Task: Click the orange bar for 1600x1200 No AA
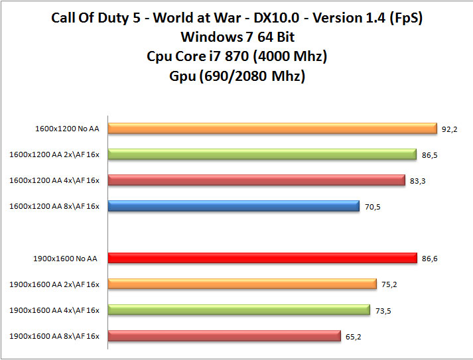[272, 129]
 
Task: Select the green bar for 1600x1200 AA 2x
[261, 154]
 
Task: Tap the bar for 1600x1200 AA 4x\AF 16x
[256, 180]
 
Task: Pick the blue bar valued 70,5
[234, 206]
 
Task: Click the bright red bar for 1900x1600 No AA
[262, 259]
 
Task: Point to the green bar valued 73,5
[239, 310]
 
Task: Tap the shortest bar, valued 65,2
[224, 336]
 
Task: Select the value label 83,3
[418, 181]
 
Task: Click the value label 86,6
[430, 259]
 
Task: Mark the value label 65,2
[354, 337]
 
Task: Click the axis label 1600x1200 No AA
[68, 129]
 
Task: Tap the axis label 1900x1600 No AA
[65, 259]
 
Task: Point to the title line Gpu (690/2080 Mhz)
[237, 76]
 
